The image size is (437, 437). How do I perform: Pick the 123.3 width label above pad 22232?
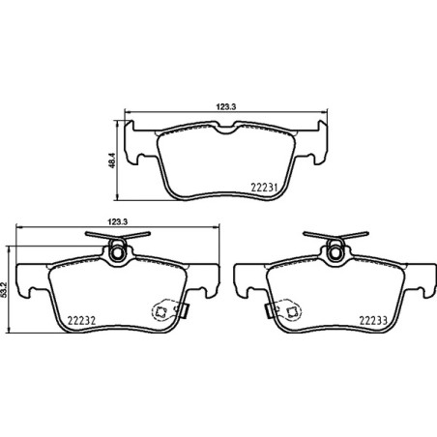[x=118, y=220]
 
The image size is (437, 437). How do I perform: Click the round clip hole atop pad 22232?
[x=118, y=254]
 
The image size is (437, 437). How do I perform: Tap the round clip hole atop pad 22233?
[x=333, y=254]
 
